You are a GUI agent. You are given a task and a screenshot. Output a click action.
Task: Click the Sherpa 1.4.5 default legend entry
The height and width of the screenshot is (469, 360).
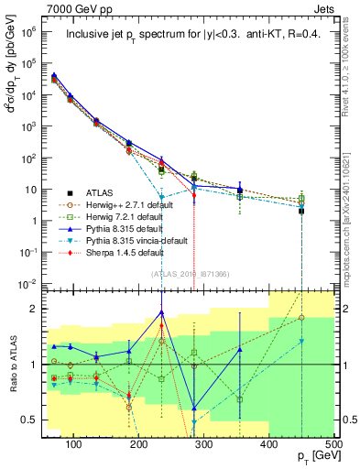click(118, 252)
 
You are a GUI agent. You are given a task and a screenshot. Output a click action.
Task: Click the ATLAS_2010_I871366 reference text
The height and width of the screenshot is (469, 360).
click(188, 274)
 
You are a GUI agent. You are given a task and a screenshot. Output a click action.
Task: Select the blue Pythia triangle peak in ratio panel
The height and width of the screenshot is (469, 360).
click(161, 312)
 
